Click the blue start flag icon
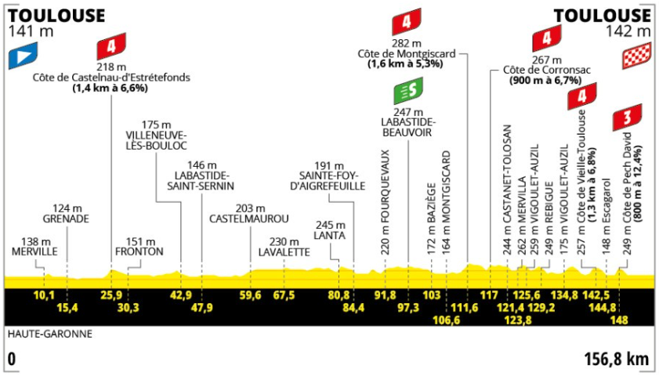[x=23, y=56]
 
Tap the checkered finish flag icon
[x=636, y=56]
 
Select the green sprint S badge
[x=408, y=91]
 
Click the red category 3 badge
[x=627, y=117]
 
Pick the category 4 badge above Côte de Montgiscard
[x=407, y=22]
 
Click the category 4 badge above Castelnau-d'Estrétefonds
[x=111, y=46]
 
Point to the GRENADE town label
[x=66, y=219]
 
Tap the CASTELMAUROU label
[x=249, y=219]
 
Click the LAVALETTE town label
[x=284, y=252]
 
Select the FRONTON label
[x=139, y=251]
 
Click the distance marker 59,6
[x=250, y=295]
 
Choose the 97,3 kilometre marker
[x=408, y=308]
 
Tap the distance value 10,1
[x=44, y=295]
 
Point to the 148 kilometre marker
[x=619, y=320]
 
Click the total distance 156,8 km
[x=617, y=360]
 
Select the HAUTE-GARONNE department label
[x=50, y=334]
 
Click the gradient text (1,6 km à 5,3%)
[x=406, y=64]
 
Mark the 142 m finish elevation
[x=628, y=31]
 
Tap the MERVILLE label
[x=34, y=251]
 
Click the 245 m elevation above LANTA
[x=329, y=225]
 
